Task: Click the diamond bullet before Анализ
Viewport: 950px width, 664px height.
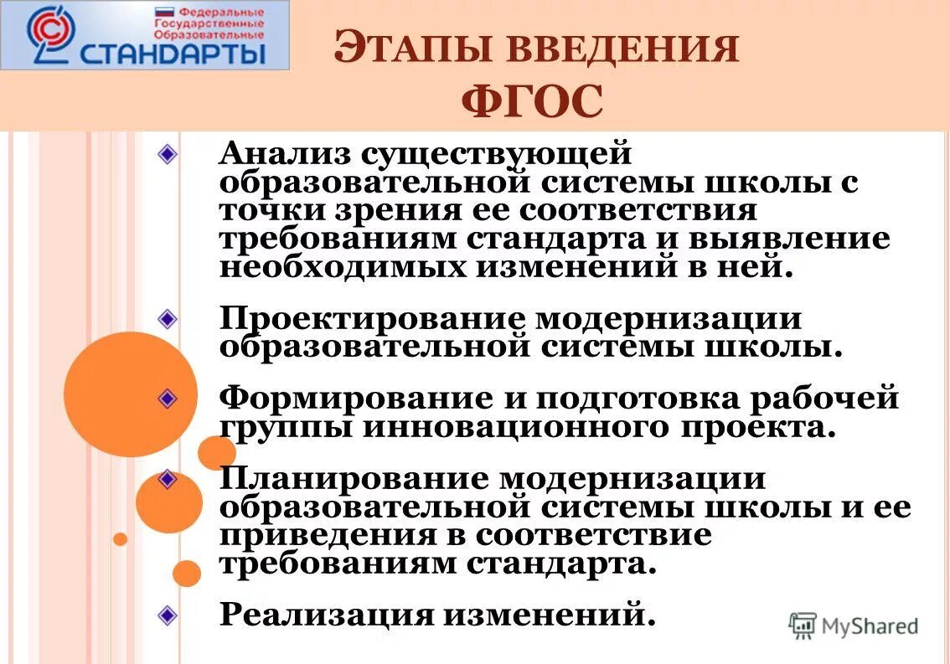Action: [x=168, y=154]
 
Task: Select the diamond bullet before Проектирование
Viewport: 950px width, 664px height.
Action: [x=168, y=318]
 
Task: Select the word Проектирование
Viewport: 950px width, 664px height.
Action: [x=372, y=319]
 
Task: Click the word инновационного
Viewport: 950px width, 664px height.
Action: [x=507, y=427]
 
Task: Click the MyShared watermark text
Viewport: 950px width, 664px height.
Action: [x=869, y=625]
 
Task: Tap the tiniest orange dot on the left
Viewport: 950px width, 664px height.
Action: [x=120, y=539]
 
